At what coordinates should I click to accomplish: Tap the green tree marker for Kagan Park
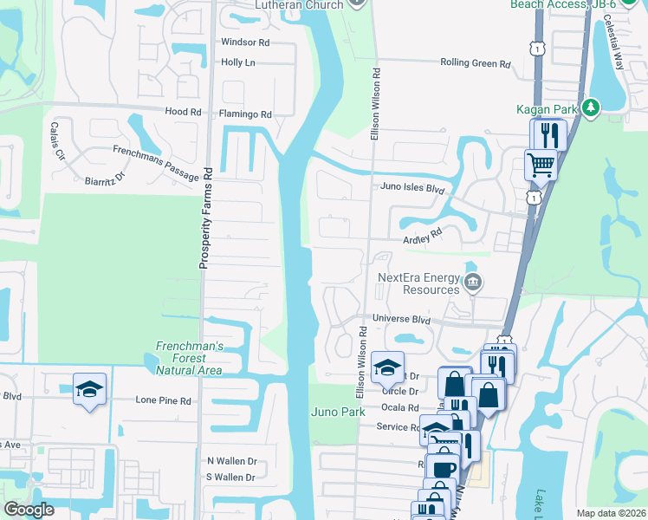pos(591,108)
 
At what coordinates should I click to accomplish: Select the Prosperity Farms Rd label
pos(205,217)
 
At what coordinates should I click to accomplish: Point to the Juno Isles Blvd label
pos(412,186)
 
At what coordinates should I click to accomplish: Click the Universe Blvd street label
pos(401,319)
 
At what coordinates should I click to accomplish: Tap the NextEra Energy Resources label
pos(418,283)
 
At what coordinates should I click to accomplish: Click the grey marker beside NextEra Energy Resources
pos(473,282)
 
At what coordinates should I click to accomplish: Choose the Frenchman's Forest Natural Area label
pos(189,358)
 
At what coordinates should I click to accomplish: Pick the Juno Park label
pos(338,412)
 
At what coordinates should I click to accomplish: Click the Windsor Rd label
pos(245,42)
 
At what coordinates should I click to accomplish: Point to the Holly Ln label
pos(238,62)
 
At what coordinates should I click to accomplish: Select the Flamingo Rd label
pos(245,114)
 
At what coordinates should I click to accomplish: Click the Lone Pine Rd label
pos(162,400)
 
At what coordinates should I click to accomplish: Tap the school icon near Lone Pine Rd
pos(89,390)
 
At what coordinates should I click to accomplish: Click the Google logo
pos(29,510)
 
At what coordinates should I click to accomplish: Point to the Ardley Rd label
pos(423,234)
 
